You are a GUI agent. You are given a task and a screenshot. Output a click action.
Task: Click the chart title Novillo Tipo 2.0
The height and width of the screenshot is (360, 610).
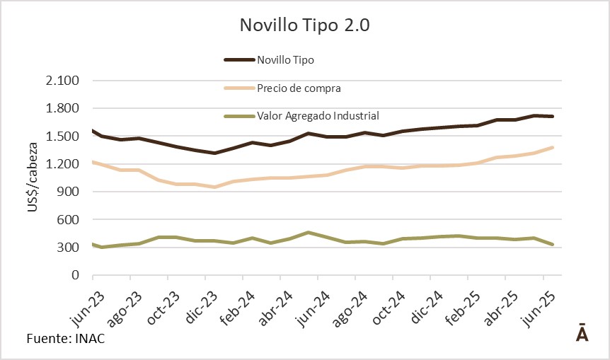coord(305,25)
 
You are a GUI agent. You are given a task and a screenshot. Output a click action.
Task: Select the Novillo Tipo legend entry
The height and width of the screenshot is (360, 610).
coord(285,60)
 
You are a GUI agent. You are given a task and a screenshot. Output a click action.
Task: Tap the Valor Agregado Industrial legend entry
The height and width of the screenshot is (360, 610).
coord(318,115)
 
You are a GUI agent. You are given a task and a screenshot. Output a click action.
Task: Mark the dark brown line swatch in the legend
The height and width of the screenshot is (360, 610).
coord(238,60)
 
